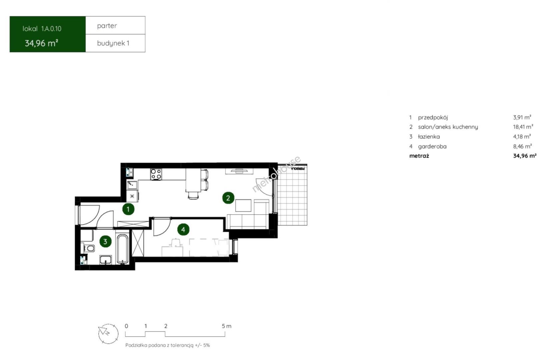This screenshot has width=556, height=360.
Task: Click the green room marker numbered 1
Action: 128,209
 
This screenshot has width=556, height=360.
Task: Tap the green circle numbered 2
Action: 228,198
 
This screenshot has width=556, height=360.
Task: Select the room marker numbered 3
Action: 105,241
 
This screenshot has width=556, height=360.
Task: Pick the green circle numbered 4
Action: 183,229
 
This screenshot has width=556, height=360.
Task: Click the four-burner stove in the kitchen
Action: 156,174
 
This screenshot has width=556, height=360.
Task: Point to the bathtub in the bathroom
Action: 122,249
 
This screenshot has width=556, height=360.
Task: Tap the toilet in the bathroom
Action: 88,248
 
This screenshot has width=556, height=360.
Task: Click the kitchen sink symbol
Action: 132,185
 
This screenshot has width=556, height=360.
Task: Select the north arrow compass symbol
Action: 108,334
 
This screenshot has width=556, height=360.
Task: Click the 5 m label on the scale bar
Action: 226,326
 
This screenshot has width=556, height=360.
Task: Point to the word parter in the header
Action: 107,26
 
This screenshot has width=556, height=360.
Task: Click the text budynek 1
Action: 113,43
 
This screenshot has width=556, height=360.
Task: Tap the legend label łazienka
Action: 429,136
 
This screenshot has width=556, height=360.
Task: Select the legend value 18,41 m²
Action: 523,127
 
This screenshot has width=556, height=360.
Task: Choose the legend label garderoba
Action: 432,146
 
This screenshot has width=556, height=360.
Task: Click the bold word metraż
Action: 419,156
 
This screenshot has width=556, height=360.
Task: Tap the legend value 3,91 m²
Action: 522,117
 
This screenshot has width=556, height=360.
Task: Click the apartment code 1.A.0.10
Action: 51,29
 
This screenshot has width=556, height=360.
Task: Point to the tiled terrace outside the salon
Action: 292,195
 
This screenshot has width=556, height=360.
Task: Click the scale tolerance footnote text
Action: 167,345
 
